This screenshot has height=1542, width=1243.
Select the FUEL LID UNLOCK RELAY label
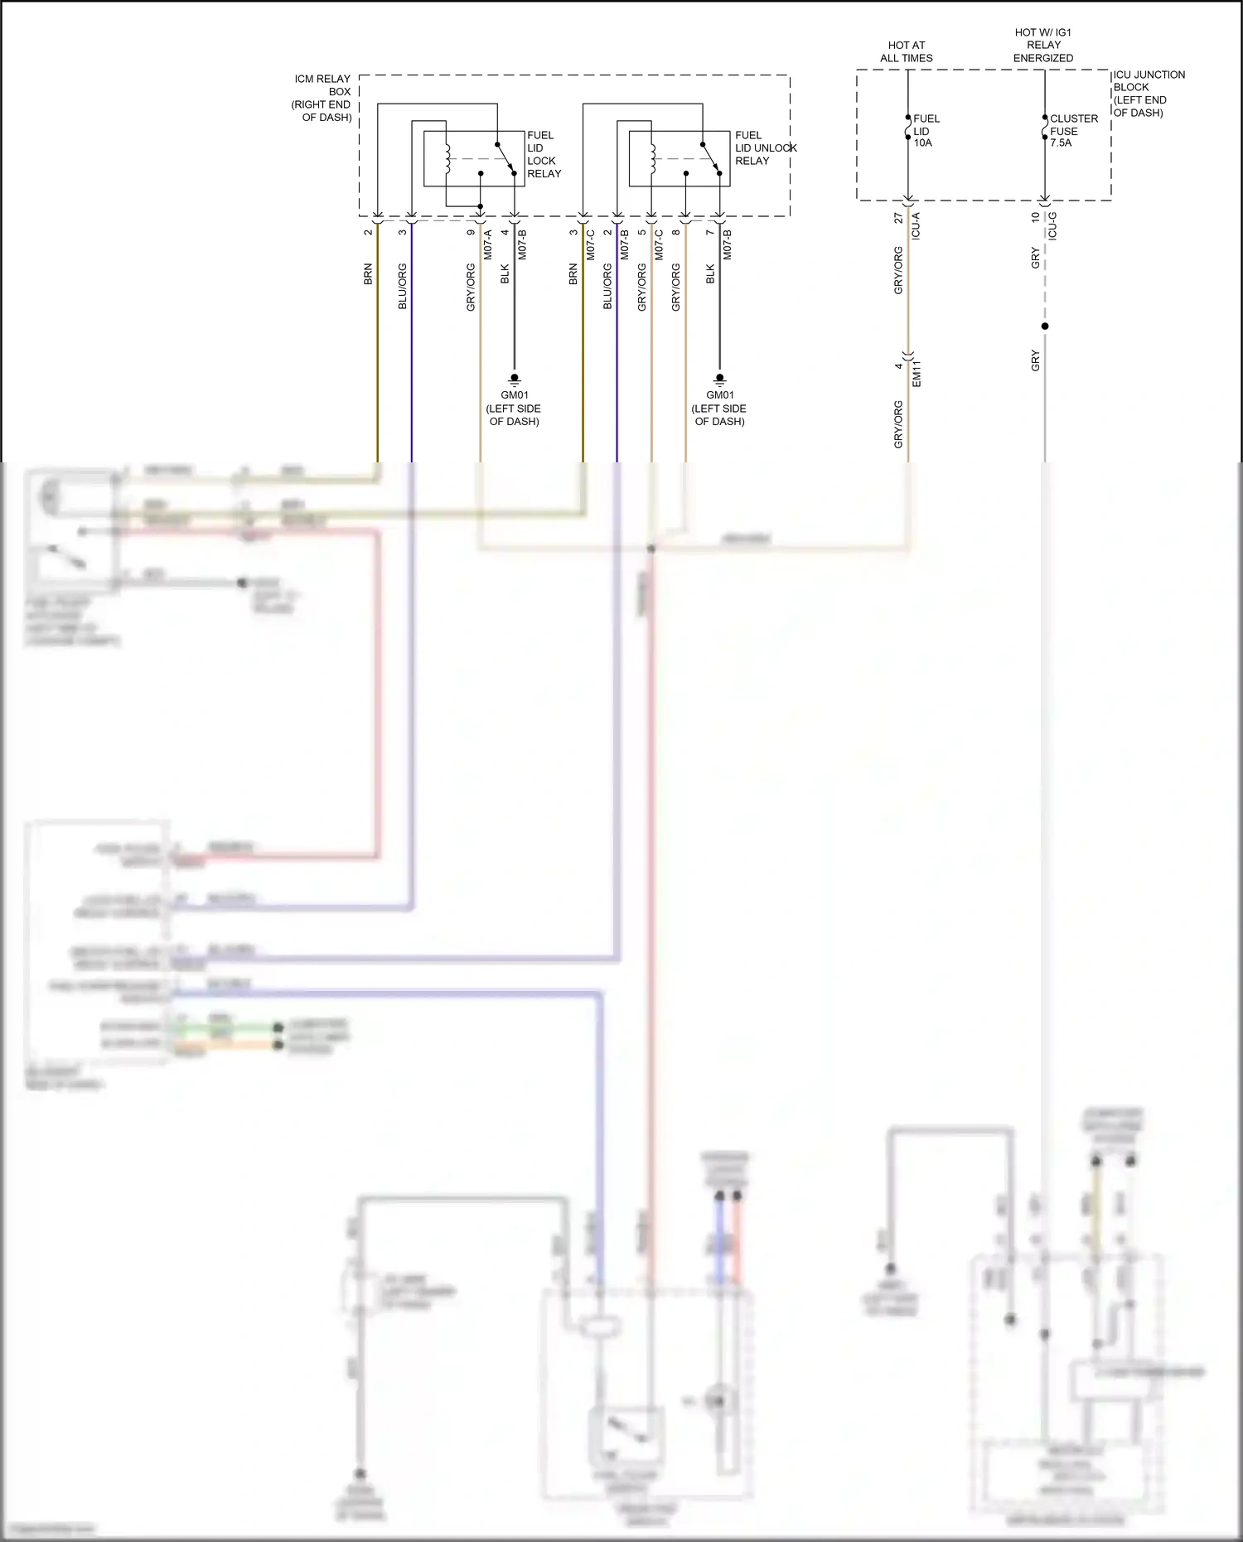point(764,147)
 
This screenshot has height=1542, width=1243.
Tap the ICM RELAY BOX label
point(322,98)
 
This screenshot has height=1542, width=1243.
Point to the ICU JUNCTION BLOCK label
point(1149,93)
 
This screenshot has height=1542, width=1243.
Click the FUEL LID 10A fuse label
point(925,130)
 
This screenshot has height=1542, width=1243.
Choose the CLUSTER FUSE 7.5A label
point(1072,130)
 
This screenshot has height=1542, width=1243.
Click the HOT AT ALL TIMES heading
point(906,51)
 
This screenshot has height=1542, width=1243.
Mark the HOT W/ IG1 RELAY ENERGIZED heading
point(1043,45)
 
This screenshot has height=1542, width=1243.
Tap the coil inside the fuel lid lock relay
point(447,158)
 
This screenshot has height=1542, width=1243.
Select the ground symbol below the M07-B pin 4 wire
point(515,380)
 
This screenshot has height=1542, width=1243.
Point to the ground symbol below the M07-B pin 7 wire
point(719,380)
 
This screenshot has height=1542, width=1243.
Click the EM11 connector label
point(917,374)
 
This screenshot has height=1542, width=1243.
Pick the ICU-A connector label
point(916,226)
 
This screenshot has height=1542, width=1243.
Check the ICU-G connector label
point(1052,226)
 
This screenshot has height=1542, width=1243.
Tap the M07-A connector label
point(487,244)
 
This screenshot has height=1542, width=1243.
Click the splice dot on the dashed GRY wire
point(1045,326)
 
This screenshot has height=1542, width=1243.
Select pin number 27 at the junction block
point(898,218)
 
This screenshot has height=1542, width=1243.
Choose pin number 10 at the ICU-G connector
point(1035,217)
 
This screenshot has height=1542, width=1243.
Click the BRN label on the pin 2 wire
point(368,274)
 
